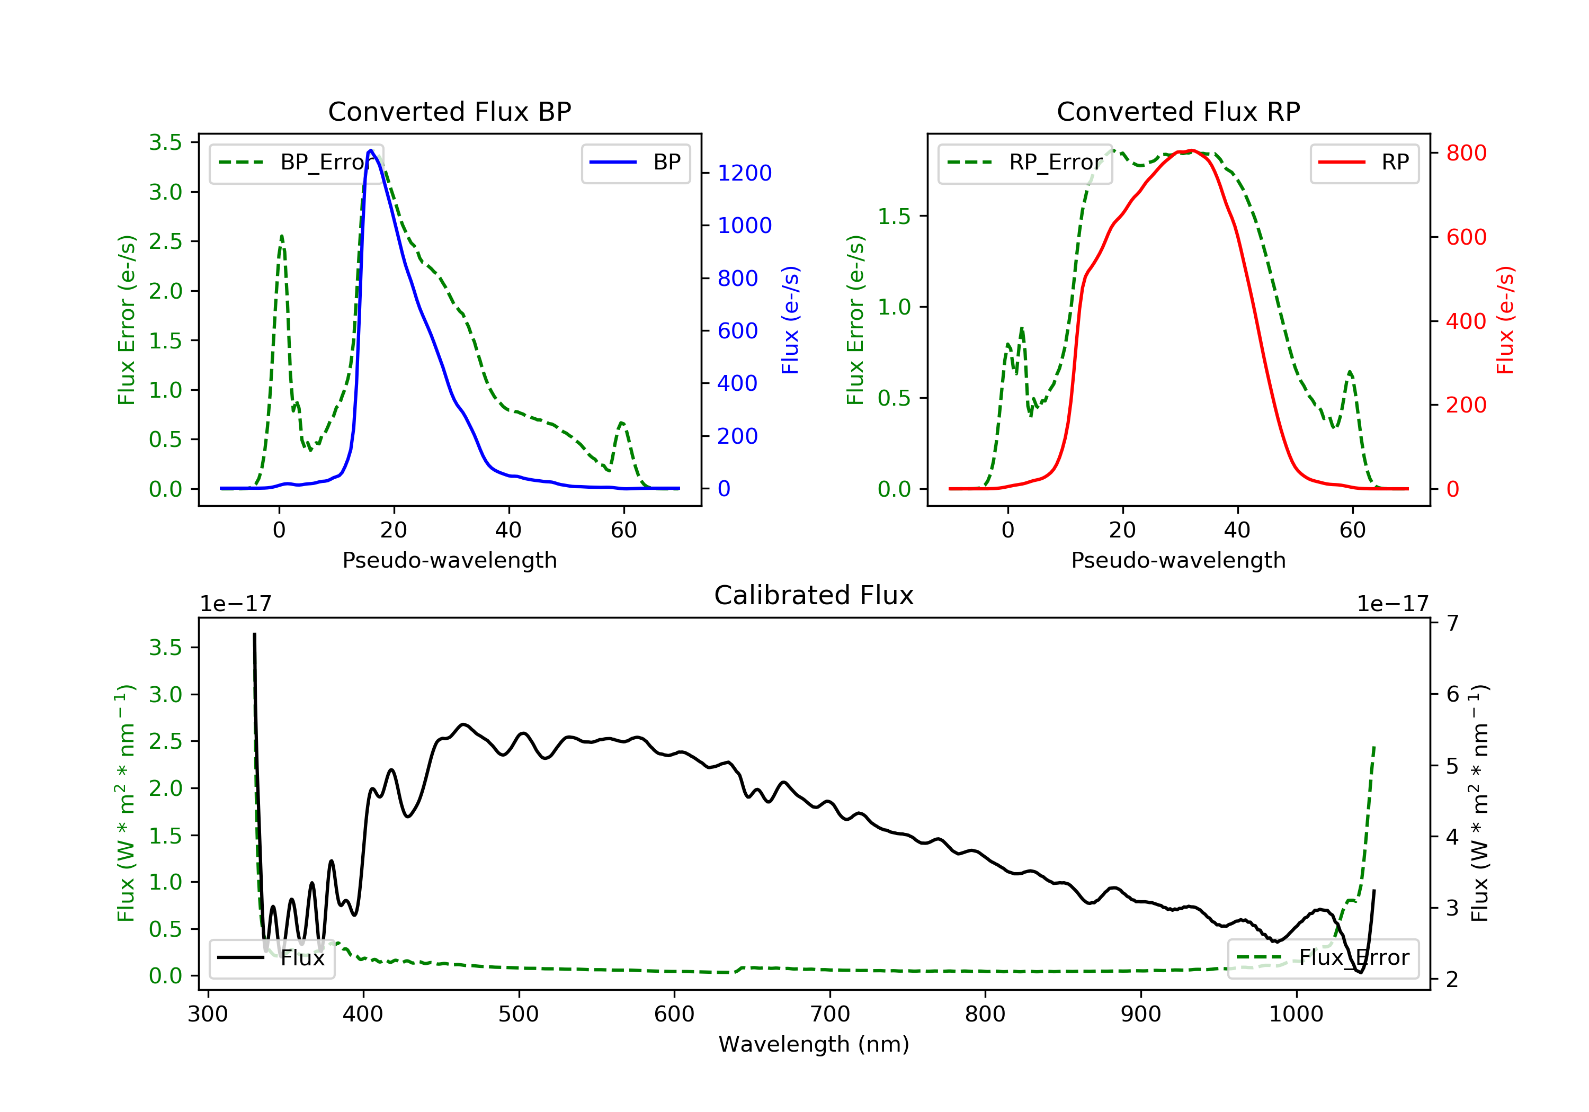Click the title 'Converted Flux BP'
(450, 111)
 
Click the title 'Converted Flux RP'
(1179, 111)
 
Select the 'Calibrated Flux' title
(814, 595)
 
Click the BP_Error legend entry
(296, 163)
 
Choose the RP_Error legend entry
(1025, 163)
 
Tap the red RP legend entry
(1364, 163)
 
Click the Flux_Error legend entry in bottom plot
(1323, 958)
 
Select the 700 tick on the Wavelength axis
(830, 1014)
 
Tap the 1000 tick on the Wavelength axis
(1296, 1014)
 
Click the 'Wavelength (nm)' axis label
(814, 1044)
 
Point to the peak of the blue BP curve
(371, 150)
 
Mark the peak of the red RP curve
(1190, 150)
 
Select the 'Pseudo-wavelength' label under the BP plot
(450, 560)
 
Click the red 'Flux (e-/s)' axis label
(1506, 320)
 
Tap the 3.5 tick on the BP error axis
(165, 142)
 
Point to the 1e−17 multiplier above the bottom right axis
(1392, 604)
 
